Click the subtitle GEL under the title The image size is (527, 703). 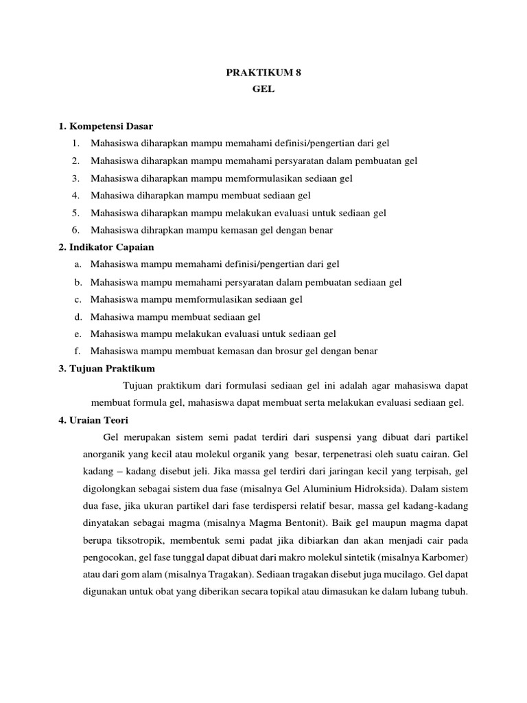click(x=263, y=90)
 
